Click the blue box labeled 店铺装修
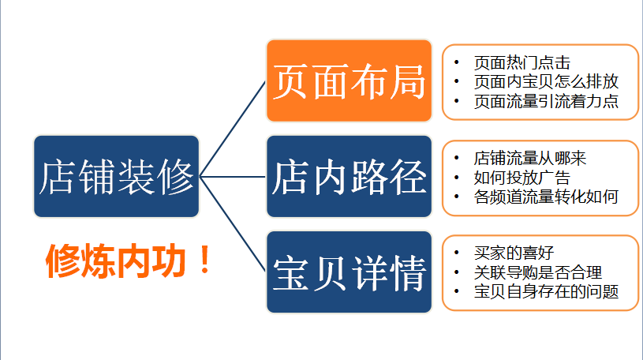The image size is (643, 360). pos(116,176)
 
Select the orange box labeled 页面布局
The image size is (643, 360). pos(349,81)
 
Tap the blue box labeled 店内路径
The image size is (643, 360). pos(349,176)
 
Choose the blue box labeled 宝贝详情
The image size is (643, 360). pos(349,272)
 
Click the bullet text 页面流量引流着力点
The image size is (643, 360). pos(545,101)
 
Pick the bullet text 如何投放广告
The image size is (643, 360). pos(522,178)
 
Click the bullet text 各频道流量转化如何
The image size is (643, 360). pos(545,197)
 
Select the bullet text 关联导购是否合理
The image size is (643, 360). pos(537,273)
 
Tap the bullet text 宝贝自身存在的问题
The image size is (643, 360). pos(545,292)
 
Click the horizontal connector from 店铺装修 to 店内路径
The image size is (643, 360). pos(233,176)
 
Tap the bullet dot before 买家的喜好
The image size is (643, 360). pos(457,253)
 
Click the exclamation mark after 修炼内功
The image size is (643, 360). pos(206,261)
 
